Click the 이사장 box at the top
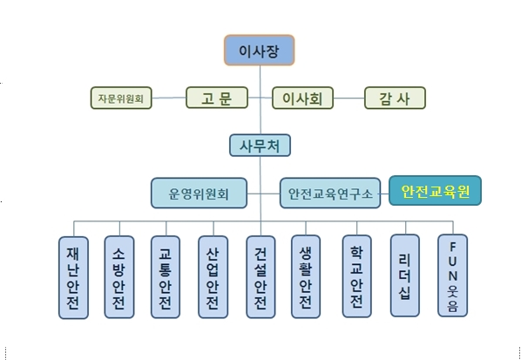[259, 51]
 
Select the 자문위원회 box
[121, 98]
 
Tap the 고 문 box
[217, 98]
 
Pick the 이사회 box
[302, 98]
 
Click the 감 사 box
[395, 98]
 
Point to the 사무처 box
[260, 146]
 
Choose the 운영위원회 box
[199, 194]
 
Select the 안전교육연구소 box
[330, 194]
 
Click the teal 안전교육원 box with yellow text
[436, 191]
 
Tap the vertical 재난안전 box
[73, 277]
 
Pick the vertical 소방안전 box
[119, 277]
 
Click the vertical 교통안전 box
[166, 277]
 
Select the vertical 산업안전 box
[213, 277]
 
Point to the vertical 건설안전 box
[260, 277]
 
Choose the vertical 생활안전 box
[306, 276]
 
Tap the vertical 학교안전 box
[357, 276]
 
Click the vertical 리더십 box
[405, 275]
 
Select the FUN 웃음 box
[452, 275]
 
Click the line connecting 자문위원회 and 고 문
[169, 98]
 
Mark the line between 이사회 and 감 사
[348, 98]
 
